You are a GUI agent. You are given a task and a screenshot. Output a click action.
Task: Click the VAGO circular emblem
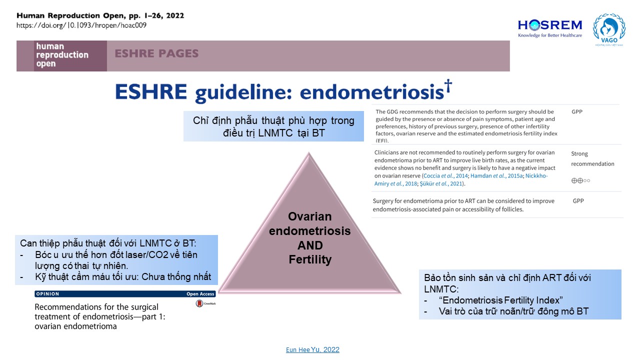tap(608, 28)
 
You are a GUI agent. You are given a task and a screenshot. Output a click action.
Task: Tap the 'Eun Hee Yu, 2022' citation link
tap(311, 349)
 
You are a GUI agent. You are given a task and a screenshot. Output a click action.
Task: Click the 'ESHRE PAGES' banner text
tap(156, 53)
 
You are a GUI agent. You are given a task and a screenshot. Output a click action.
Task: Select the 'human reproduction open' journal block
tap(62, 55)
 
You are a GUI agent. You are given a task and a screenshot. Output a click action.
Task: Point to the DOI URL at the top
tap(81, 25)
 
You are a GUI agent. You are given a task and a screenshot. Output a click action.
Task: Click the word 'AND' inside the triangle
tap(309, 245)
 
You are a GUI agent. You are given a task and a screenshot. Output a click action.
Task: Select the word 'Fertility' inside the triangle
tap(309, 259)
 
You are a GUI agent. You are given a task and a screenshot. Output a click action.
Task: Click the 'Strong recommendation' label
tap(592, 159)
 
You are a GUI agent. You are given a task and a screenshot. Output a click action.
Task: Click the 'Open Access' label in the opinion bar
tap(200, 294)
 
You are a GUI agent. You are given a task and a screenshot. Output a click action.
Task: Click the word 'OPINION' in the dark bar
tap(47, 294)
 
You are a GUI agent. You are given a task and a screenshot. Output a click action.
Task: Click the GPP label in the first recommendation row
tap(577, 111)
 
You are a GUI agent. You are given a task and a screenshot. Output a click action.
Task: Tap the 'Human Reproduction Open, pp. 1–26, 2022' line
tap(100, 15)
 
